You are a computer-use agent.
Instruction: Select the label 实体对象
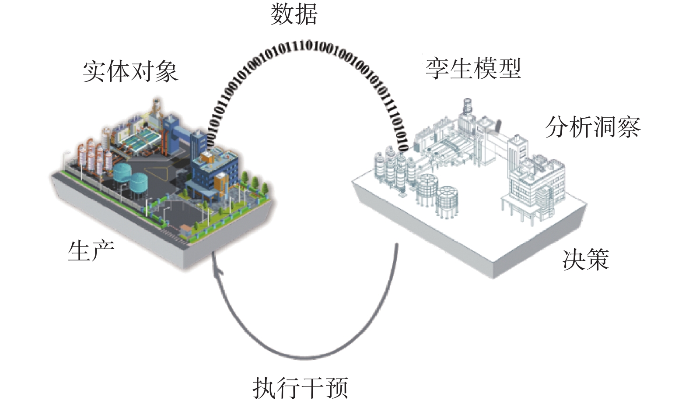tap(130, 71)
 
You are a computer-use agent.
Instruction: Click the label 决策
tap(586, 260)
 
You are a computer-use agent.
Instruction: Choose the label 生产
tap(91, 251)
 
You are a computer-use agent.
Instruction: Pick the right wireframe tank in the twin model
tap(448, 200)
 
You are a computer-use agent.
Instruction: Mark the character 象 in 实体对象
tap(167, 71)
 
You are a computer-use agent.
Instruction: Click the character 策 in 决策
tap(598, 260)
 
